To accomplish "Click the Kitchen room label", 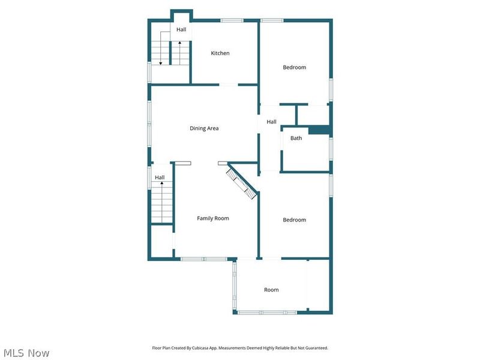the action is (220, 53).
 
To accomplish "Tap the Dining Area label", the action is (204, 128).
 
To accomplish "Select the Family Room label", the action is (213, 218).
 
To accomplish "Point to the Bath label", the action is (296, 138).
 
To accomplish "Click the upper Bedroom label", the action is (294, 67).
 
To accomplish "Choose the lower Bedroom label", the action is (294, 220).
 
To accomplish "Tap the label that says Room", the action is (271, 290).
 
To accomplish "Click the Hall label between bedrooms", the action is (272, 122).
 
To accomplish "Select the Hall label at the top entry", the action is (181, 29).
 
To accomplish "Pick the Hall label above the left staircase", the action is (160, 178).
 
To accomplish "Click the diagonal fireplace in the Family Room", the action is (242, 184).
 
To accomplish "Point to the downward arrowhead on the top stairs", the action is (160, 64).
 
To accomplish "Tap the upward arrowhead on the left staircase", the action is (161, 183).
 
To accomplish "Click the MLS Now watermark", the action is (26, 353).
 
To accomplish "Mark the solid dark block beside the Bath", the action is (319, 130).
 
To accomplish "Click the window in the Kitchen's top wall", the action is (232, 20).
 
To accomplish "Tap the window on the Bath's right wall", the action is (331, 149).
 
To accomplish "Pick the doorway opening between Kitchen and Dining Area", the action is (229, 85).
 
